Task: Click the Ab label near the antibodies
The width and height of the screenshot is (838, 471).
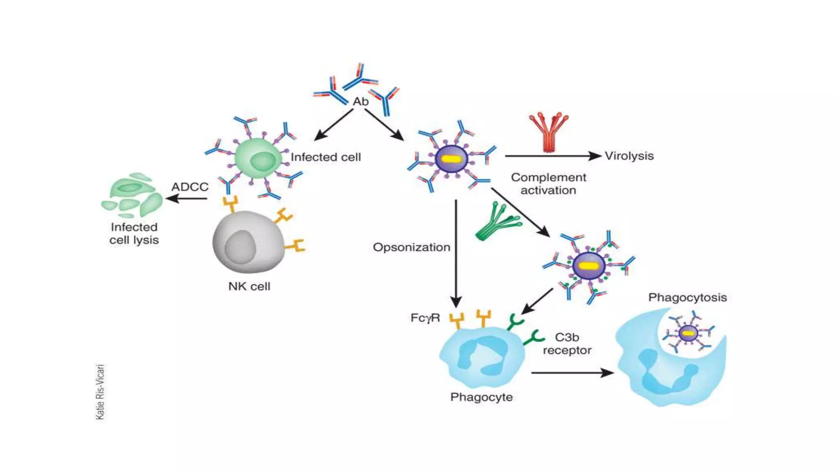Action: tap(360, 101)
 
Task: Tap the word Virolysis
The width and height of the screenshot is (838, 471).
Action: tap(629, 156)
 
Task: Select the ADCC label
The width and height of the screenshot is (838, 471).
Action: tap(190, 187)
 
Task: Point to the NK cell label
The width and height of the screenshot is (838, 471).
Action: tap(249, 286)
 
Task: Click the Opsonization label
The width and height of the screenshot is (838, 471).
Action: tap(411, 247)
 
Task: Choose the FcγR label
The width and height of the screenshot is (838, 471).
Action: tap(425, 318)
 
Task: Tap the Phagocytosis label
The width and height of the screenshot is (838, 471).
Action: tap(687, 297)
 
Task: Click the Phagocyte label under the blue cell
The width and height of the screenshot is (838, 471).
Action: tap(481, 397)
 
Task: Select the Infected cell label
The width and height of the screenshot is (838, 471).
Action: tap(326, 157)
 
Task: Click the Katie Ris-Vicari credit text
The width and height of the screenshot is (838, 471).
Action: tap(100, 392)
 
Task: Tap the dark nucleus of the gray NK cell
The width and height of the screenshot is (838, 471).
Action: tap(240, 247)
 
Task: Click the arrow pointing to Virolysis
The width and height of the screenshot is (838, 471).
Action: tap(552, 156)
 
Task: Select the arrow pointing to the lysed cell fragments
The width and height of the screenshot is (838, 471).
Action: tap(186, 199)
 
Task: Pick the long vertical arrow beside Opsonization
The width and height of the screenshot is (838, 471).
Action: tap(456, 253)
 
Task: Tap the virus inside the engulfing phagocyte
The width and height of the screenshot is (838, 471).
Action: tap(688, 333)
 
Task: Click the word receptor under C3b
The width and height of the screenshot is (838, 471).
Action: tap(567, 350)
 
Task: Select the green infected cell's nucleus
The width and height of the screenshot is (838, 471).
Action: tap(263, 161)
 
